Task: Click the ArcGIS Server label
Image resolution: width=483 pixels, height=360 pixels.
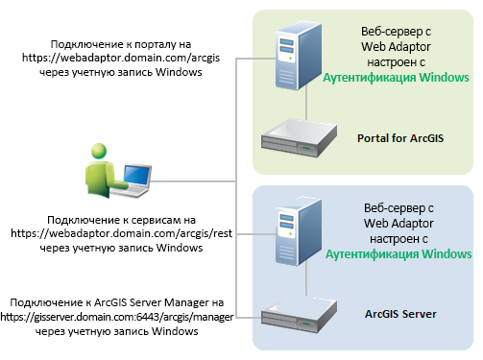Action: coord(401,314)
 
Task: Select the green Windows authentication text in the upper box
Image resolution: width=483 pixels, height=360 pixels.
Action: coord(396,78)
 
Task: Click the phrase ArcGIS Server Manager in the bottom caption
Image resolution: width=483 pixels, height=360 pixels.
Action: coord(154,302)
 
